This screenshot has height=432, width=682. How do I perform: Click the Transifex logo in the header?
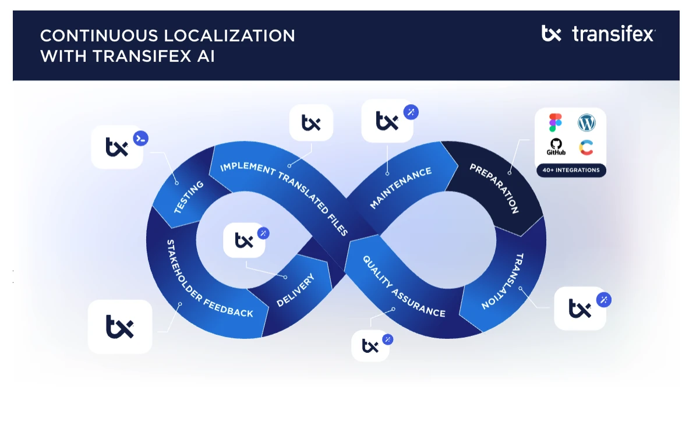click(x=598, y=34)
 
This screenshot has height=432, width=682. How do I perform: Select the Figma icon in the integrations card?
click(x=555, y=123)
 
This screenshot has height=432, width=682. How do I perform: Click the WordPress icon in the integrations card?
click(x=586, y=123)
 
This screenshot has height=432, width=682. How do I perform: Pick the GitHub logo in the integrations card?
click(x=556, y=147)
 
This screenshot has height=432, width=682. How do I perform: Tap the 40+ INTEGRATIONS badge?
click(x=570, y=171)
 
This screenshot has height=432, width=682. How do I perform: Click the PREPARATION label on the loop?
click(x=494, y=188)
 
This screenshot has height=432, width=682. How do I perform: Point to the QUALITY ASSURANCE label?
click(x=404, y=286)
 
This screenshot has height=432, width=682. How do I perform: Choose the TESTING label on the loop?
click(x=189, y=197)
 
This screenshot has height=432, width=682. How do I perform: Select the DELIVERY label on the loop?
click(x=295, y=290)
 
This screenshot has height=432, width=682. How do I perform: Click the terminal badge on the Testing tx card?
click(x=140, y=138)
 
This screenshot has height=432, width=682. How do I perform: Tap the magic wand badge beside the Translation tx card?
click(x=603, y=300)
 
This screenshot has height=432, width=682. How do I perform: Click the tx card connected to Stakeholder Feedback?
click(x=120, y=327)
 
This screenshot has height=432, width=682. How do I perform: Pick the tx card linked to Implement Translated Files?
click(x=311, y=123)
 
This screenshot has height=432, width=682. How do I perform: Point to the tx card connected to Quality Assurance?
click(x=370, y=346)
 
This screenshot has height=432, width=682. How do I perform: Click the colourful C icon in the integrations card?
click(x=586, y=147)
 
